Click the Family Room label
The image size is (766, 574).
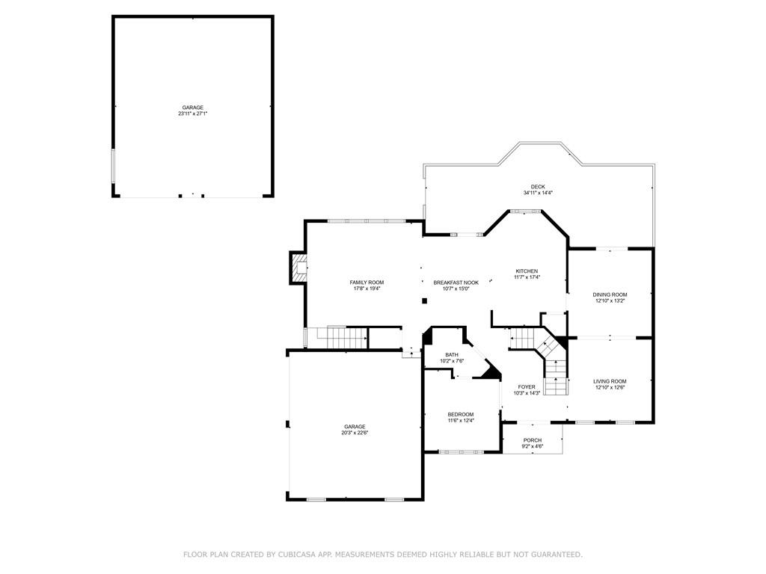point(367,282)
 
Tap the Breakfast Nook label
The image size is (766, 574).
point(456,282)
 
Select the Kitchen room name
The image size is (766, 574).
point(527,271)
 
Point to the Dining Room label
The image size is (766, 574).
point(610,294)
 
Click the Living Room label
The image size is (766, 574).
point(610,381)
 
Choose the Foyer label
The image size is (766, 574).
point(527,386)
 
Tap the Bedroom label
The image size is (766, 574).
point(461,414)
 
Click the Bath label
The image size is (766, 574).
point(452,355)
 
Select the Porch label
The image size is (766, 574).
point(533,440)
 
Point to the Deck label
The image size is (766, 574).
point(538,186)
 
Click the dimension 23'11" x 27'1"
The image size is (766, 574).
point(193,114)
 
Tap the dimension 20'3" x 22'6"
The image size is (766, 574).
point(355,433)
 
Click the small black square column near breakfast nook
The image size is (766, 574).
point(425,300)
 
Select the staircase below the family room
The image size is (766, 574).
point(342,337)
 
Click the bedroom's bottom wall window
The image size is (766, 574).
point(461,452)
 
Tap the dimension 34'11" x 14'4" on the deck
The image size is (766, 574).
point(538,193)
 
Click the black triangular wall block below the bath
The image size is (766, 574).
point(491,371)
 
